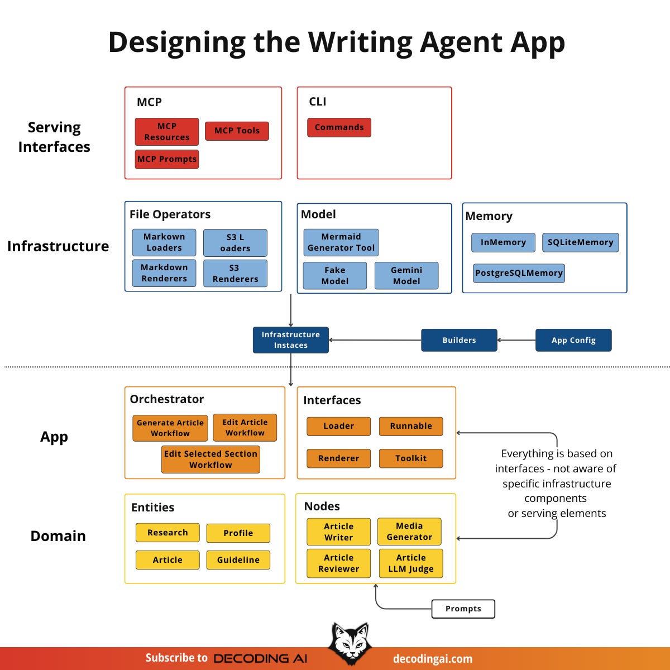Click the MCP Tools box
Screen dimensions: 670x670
pyautogui.click(x=237, y=131)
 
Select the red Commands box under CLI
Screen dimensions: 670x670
pyautogui.click(x=339, y=127)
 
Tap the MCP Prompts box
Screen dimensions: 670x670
pyautogui.click(x=167, y=159)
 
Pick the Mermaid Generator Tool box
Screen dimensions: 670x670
pyautogui.click(x=341, y=242)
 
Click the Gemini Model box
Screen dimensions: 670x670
pyautogui.click(x=406, y=275)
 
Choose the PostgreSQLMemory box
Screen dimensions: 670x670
pyautogui.click(x=519, y=273)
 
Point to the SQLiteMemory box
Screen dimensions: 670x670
pyautogui.click(x=580, y=242)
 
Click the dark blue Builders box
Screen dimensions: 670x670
pyautogui.click(x=459, y=340)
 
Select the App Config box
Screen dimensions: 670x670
pyautogui.click(x=573, y=340)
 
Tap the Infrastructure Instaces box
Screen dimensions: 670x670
pyautogui.click(x=291, y=340)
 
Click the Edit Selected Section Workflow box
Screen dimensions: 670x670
pyautogui.click(x=210, y=459)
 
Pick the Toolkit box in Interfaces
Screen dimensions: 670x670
pyautogui.click(x=411, y=458)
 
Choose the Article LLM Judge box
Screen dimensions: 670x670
pyautogui.click(x=411, y=563)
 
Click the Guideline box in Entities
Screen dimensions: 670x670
pyautogui.click(x=238, y=560)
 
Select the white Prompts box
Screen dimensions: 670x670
pyautogui.click(x=463, y=609)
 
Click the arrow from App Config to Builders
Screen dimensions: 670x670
pyautogui.click(x=516, y=340)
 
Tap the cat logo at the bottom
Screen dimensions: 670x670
pyautogui.click(x=350, y=643)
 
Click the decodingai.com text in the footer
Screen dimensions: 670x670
pyautogui.click(x=433, y=659)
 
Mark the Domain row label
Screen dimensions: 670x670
pyautogui.click(x=58, y=536)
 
